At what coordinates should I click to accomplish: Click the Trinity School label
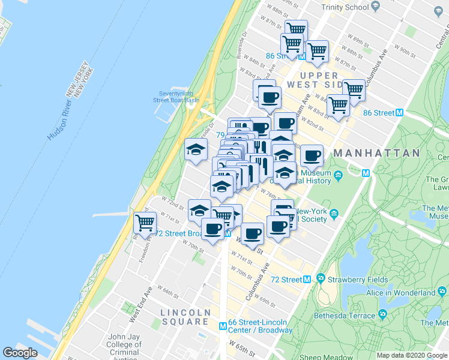tap(345, 7)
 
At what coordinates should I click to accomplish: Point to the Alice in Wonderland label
tap(400, 293)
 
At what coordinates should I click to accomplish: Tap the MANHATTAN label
tap(376, 154)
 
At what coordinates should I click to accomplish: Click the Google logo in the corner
tap(20, 353)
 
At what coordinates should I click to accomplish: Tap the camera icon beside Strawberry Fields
tap(321, 279)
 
